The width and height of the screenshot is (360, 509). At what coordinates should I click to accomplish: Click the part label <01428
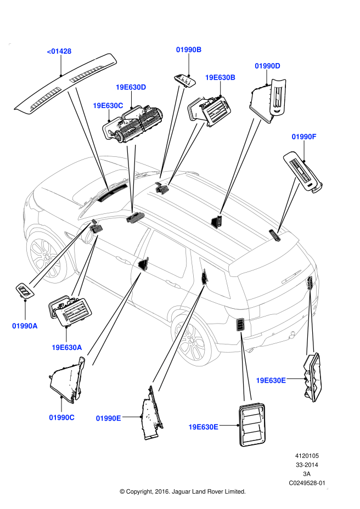coord(59,52)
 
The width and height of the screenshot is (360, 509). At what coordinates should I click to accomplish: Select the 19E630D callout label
coord(131,87)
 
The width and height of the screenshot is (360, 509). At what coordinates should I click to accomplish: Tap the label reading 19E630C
coord(108,105)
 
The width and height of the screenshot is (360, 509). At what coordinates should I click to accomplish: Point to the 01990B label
coord(189,49)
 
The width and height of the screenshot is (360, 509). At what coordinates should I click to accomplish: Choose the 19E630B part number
coord(220,77)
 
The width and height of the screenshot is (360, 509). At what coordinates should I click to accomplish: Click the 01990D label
coord(267,66)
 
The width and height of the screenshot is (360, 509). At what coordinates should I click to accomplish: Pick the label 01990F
coord(304,136)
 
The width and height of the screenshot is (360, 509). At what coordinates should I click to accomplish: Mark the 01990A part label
coord(25,326)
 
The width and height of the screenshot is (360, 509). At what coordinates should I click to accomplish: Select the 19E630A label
coord(67,347)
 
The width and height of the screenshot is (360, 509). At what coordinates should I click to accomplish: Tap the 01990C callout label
coord(61,417)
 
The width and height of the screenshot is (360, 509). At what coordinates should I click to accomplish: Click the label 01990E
coord(108,418)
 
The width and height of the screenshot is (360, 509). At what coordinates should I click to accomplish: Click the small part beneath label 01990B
coord(185,80)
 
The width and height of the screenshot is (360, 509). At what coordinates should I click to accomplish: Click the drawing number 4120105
coord(308,456)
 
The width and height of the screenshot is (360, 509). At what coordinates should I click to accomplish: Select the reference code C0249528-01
coord(307,483)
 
